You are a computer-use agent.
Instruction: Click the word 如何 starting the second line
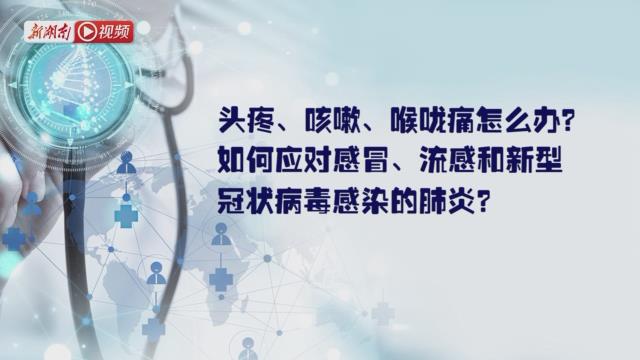[241, 162]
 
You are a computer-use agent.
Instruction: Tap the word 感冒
[356, 162]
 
